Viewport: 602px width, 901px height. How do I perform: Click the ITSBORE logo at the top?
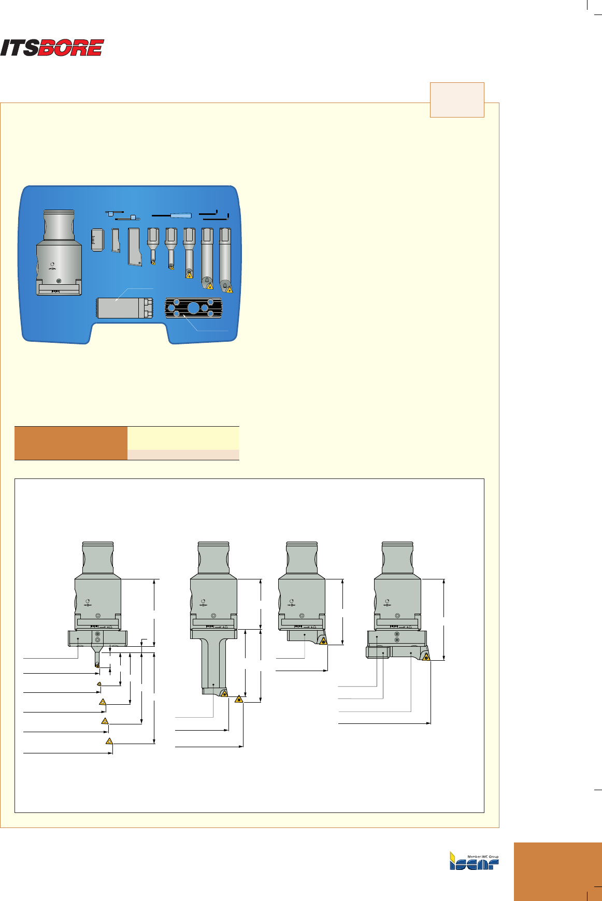tap(52, 48)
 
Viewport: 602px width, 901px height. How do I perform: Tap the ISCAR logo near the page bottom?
tap(474, 861)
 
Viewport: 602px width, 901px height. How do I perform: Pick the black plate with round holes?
tap(193, 308)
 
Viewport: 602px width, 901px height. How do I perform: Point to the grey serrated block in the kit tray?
tap(125, 308)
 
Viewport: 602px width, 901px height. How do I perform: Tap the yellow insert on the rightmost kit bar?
tap(229, 289)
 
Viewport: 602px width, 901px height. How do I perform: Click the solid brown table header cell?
tap(71, 443)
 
